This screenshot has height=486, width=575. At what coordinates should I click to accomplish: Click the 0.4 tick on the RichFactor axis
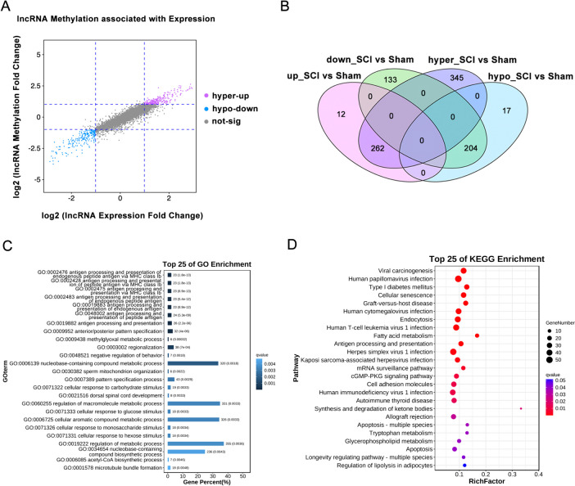(x=538, y=474)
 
